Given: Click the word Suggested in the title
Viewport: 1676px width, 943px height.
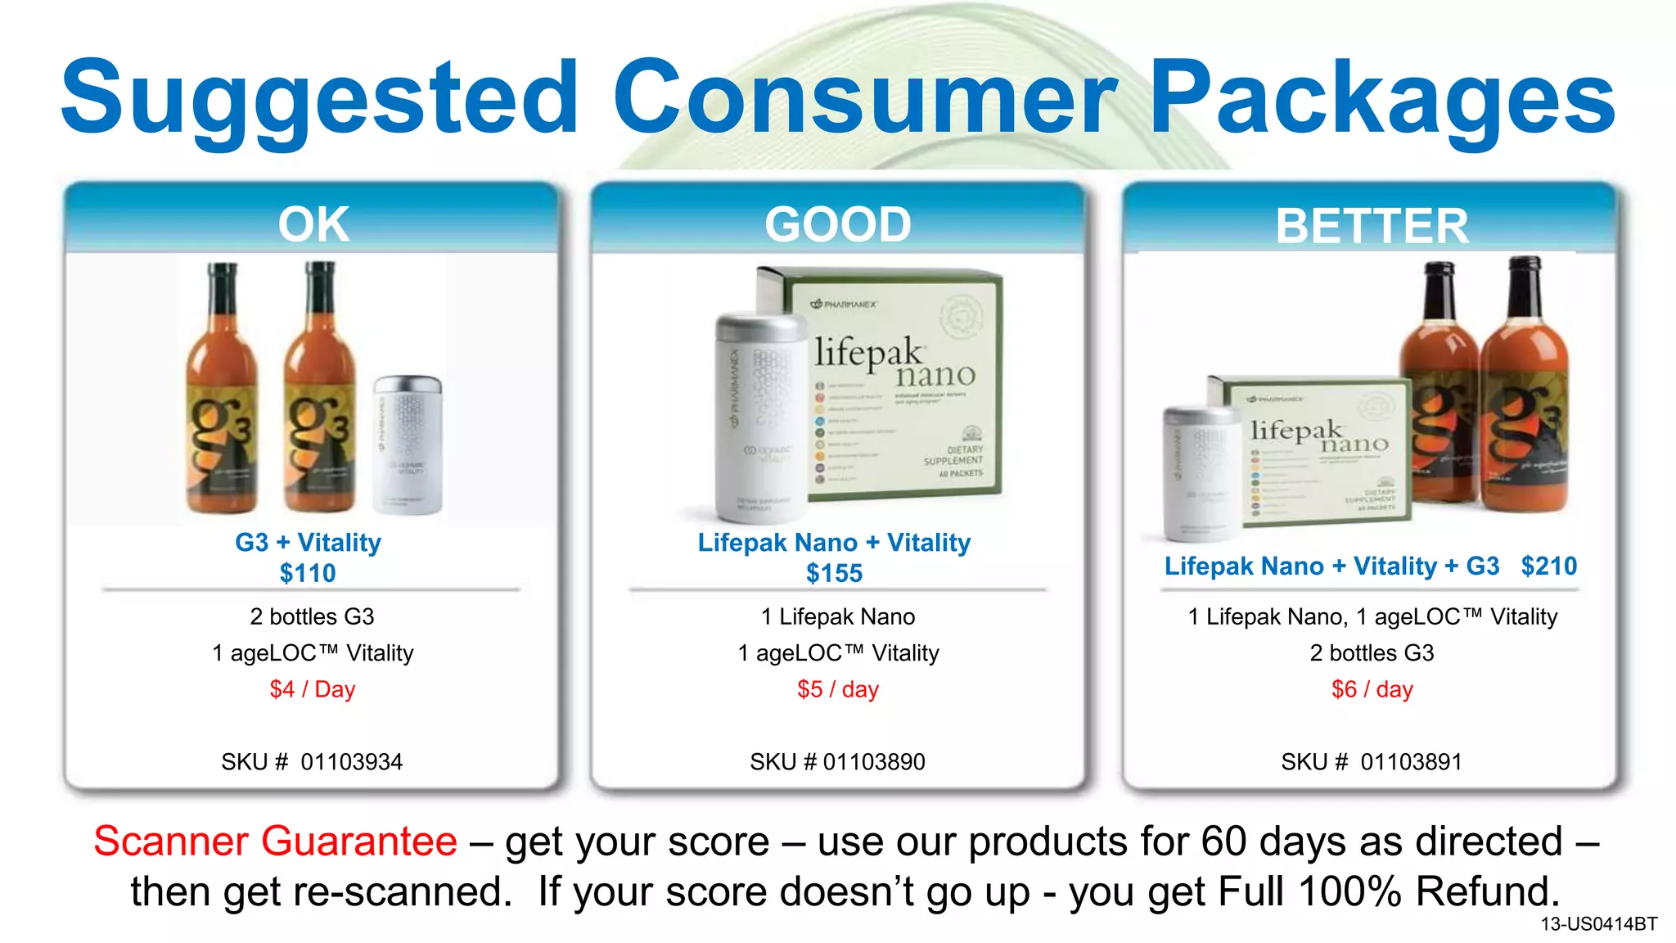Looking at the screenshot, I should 319,98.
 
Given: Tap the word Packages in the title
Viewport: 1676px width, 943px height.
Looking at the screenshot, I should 1383,98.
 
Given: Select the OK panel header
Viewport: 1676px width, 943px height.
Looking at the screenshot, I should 313,223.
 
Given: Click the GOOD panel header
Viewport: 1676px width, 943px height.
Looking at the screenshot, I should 838,223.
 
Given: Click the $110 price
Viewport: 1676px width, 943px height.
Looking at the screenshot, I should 308,573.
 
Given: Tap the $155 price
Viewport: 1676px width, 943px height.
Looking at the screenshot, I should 834,573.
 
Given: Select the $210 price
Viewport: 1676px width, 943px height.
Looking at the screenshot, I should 1548,566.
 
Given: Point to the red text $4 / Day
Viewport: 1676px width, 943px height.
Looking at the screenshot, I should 313,689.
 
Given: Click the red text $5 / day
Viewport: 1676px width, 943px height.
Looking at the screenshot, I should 838,689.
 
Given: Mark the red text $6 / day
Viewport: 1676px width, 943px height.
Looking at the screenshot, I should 1372,689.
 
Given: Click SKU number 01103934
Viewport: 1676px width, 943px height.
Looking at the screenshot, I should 352,762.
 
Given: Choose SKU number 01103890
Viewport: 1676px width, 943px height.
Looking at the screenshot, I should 874,762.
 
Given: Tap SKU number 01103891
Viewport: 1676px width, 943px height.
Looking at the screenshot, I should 1411,762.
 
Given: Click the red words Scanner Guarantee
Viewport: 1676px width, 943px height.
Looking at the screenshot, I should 275,841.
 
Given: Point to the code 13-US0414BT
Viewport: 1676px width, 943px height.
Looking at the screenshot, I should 1598,924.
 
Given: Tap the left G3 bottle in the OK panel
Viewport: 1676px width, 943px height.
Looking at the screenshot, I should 221,393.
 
